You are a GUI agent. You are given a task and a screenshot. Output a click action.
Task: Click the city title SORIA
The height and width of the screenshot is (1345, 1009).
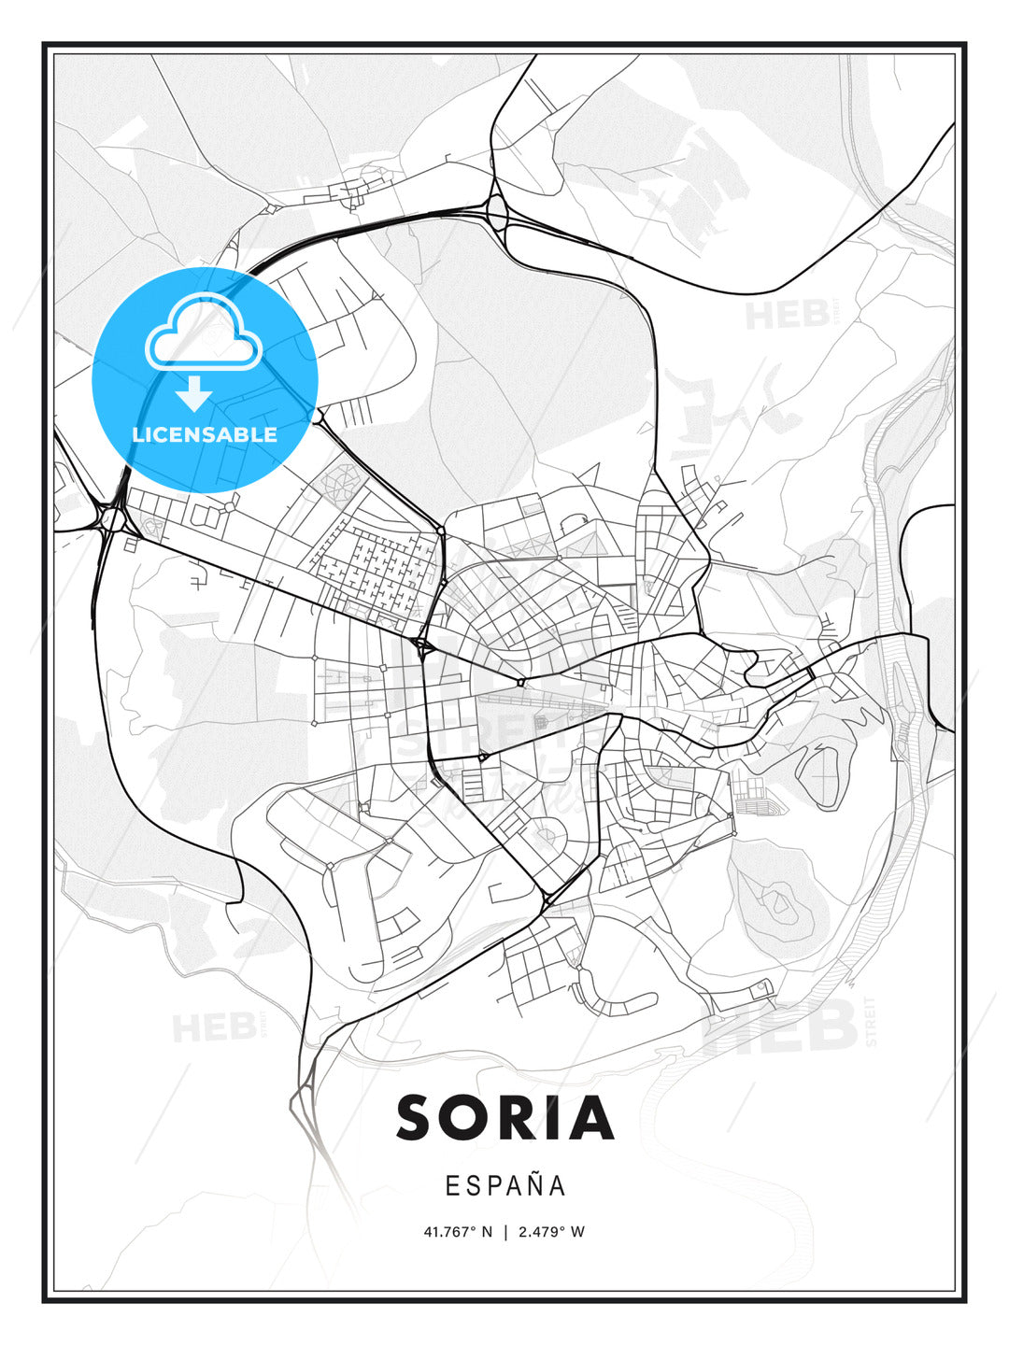click(x=504, y=1118)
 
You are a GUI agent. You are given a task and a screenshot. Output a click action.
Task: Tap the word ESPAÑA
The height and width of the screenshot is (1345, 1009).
click(x=505, y=1185)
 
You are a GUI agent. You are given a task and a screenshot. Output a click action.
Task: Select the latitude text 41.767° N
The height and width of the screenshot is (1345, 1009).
click(x=458, y=1231)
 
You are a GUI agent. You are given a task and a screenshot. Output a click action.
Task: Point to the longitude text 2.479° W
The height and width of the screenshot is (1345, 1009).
click(x=552, y=1231)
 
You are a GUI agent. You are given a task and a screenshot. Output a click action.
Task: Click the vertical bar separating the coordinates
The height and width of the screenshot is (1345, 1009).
click(x=505, y=1231)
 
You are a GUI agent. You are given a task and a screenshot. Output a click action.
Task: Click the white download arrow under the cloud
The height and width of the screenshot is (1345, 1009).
click(x=194, y=394)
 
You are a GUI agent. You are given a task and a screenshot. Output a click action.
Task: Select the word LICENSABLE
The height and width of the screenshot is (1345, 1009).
click(x=205, y=434)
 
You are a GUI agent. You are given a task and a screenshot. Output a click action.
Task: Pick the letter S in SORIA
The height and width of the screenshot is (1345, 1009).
click(x=418, y=1118)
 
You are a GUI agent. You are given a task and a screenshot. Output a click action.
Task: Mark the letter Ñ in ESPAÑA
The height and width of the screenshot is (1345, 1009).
click(x=531, y=1184)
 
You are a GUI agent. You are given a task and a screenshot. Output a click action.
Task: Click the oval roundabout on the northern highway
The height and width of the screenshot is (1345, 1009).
click(x=497, y=215)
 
